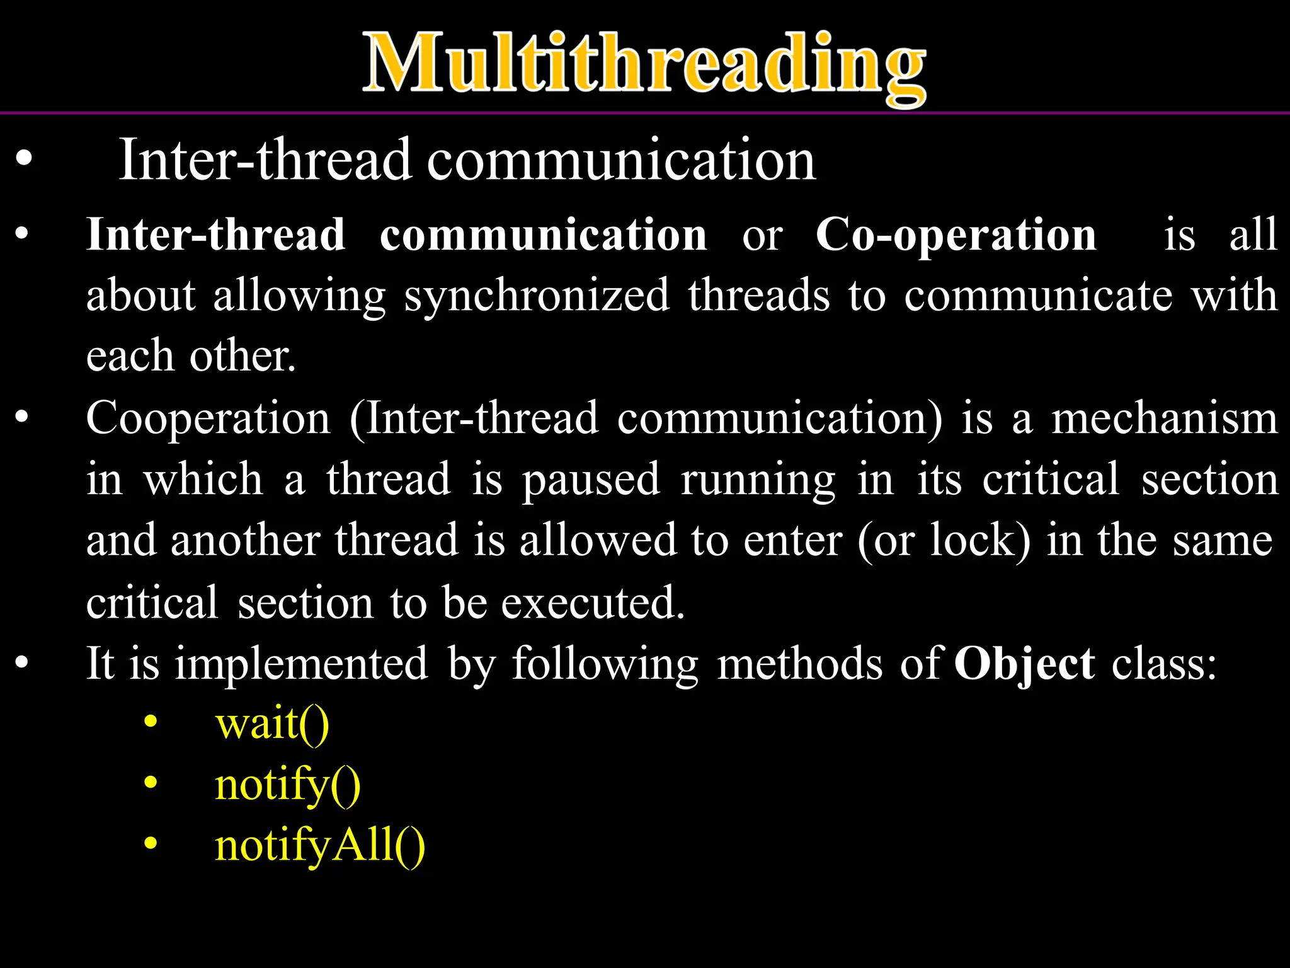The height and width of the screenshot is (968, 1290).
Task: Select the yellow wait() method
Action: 272,723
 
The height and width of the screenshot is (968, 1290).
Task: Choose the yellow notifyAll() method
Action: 320,846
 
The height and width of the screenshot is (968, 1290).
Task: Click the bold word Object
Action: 1025,664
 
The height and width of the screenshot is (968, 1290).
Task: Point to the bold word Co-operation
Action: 956,235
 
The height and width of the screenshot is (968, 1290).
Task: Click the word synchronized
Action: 536,296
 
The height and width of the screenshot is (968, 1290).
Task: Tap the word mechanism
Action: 1165,418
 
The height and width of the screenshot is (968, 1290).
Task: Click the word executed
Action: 592,603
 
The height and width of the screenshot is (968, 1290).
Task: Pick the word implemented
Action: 301,664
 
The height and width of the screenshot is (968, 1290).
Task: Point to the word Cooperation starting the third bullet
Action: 208,418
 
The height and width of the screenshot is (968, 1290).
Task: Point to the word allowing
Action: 299,296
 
